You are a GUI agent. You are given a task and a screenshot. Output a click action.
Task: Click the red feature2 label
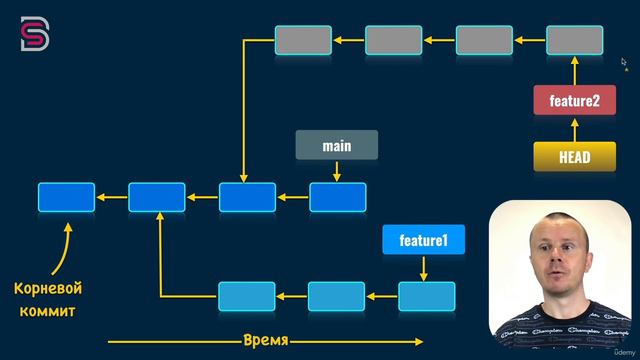pos(574,101)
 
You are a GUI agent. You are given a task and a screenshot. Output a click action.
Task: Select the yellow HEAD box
pos(574,157)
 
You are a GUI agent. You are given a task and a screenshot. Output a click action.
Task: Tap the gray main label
pos(337,146)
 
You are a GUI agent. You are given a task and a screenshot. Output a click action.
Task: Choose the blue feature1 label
pos(424,240)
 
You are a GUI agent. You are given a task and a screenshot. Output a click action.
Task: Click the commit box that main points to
pos(337,197)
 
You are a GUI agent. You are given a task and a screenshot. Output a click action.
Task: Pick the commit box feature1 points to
pos(426,297)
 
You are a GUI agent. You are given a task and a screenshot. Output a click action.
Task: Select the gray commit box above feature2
pos(574,40)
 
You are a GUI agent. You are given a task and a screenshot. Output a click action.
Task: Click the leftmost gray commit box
pos(303,40)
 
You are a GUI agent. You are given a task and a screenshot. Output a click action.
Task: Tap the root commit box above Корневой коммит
pos(66,197)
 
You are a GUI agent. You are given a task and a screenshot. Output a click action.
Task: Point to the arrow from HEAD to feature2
pos(574,129)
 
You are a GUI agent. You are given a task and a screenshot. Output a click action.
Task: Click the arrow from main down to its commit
pos(337,171)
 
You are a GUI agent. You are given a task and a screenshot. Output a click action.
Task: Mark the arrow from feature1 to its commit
pos(425,268)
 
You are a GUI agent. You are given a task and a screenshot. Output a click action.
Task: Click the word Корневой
pos(47,289)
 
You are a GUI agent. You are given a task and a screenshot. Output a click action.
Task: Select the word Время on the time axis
pos(266,341)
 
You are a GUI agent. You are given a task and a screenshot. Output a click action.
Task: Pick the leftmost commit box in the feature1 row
pos(246,297)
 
